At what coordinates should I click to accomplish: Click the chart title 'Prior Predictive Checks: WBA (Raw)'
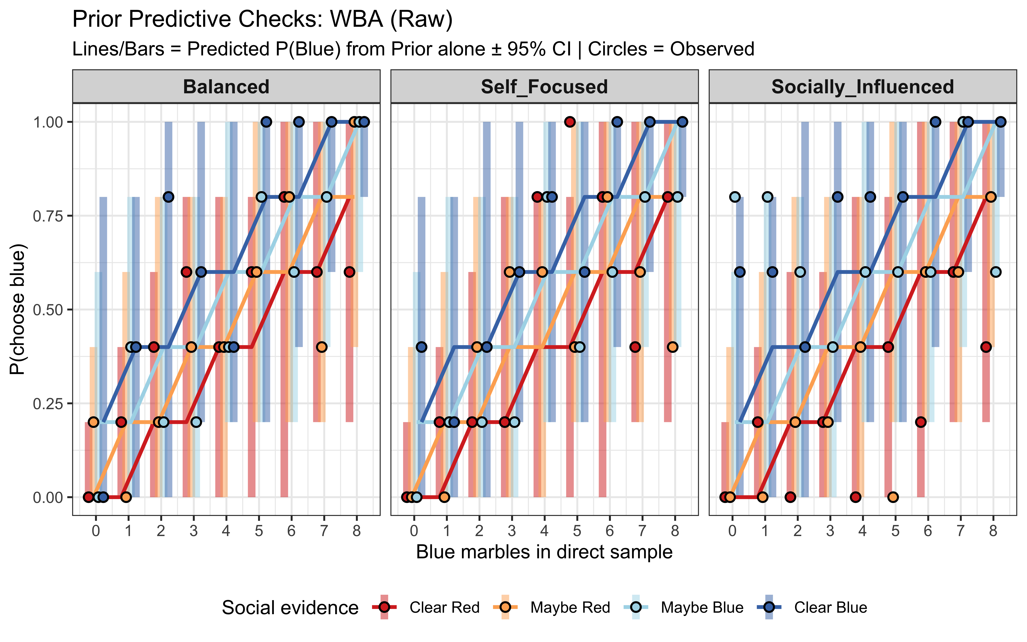(x=262, y=19)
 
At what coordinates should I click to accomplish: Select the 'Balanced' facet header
(x=226, y=87)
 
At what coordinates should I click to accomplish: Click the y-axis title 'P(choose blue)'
(x=18, y=309)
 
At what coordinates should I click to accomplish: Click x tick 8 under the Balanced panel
(x=356, y=531)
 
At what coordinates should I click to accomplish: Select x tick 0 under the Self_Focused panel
(x=414, y=531)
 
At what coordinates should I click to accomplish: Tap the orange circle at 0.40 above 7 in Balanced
(x=322, y=347)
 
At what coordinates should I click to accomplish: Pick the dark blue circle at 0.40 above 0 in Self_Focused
(x=421, y=347)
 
